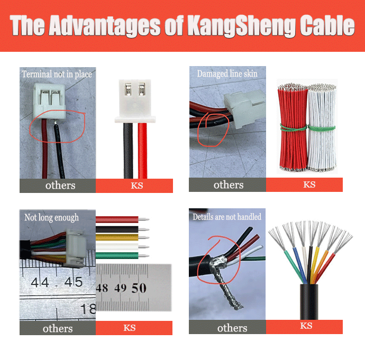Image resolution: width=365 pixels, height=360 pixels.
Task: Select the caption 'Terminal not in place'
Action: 57,74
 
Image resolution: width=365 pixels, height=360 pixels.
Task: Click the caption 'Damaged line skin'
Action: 227,73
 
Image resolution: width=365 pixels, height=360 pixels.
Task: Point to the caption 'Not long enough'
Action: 51,217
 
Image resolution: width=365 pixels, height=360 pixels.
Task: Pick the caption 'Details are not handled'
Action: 226,217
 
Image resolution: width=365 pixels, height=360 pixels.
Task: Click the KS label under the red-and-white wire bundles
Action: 309,185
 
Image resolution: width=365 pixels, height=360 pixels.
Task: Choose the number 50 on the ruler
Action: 139,288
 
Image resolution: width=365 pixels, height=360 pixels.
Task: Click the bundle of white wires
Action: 322,127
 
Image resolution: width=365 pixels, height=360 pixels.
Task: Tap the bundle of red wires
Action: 293,127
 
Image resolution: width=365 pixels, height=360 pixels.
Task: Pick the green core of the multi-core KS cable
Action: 293,267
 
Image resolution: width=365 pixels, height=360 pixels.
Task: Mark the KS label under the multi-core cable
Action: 306,326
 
